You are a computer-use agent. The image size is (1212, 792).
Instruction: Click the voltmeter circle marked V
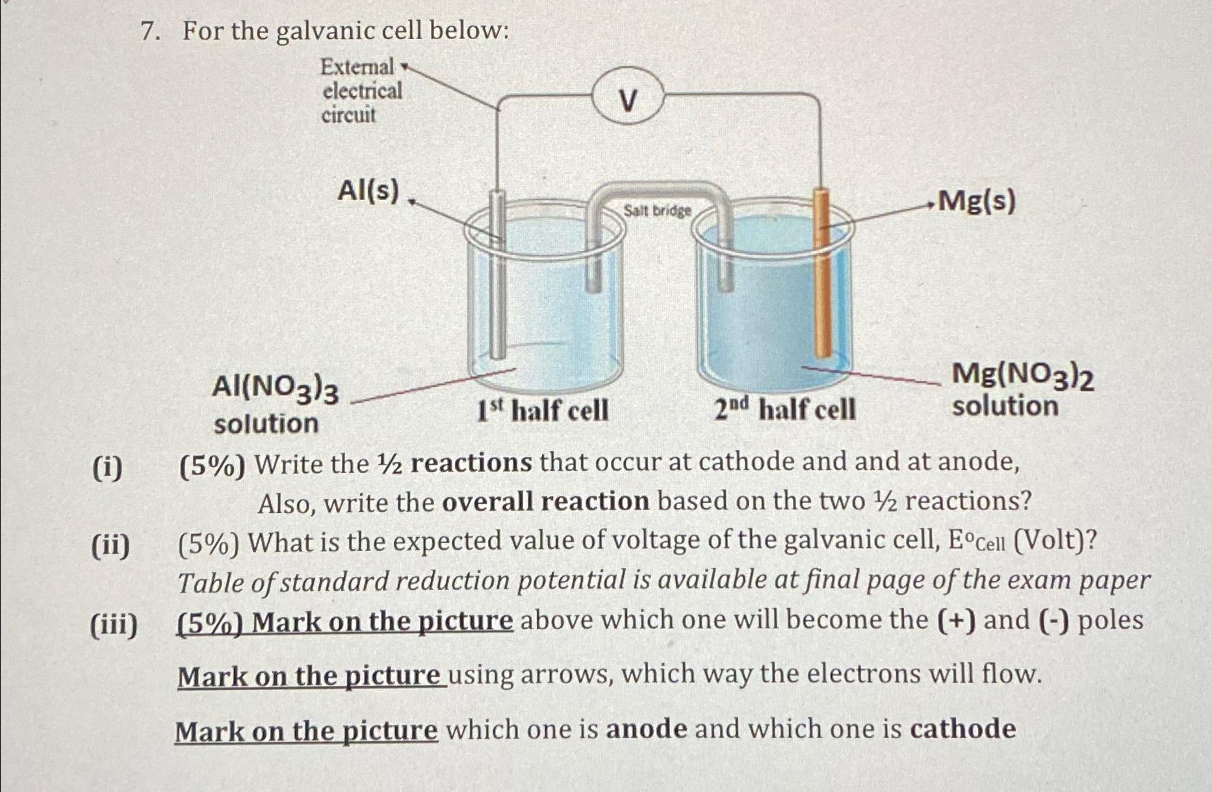pos(627,101)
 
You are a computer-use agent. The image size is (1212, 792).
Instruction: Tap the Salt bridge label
pos(657,211)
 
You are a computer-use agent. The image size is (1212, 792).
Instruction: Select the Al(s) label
pos(368,191)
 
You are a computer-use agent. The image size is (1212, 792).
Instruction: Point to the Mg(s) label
pos(977,201)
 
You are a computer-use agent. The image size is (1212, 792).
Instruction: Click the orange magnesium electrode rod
pos(823,273)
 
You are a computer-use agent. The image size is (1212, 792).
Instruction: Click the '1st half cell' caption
pos(543,411)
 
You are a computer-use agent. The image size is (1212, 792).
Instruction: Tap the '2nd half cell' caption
pos(784,410)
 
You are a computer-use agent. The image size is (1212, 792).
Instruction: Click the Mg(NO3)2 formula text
pos(1022,376)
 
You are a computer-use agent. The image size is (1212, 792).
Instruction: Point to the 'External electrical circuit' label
pos(361,91)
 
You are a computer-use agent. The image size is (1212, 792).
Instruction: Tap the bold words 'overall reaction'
pos(545,502)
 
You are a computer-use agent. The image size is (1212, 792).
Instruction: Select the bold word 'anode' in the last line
pos(646,729)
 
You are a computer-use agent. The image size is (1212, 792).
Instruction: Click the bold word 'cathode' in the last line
pos(962,729)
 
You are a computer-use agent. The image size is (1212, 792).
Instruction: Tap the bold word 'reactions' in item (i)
pos(471,463)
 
